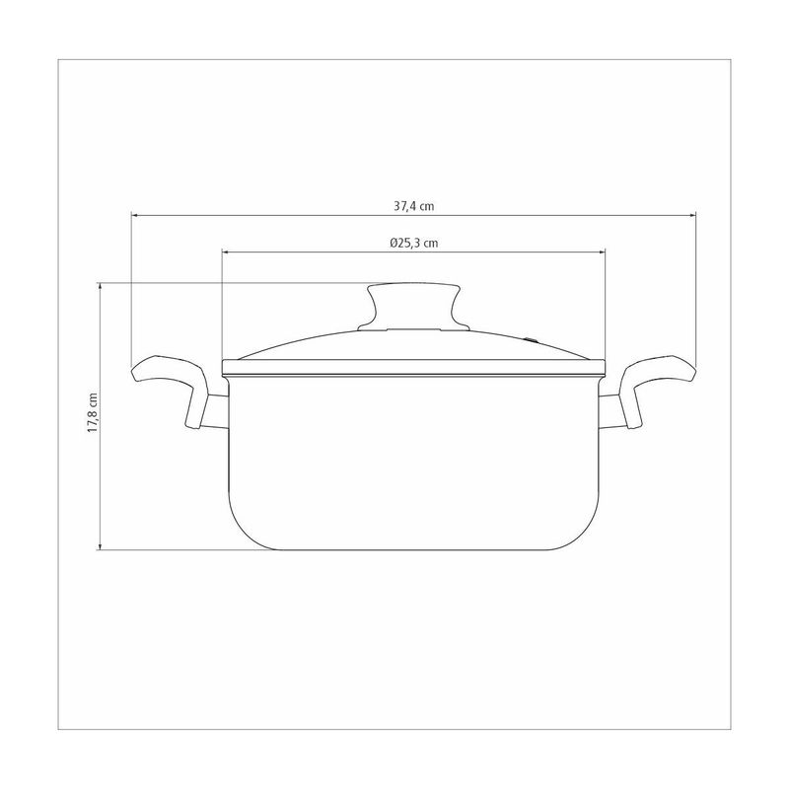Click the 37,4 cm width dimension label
tap(414, 206)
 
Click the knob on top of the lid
tap(414, 306)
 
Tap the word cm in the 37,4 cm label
tap(428, 206)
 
